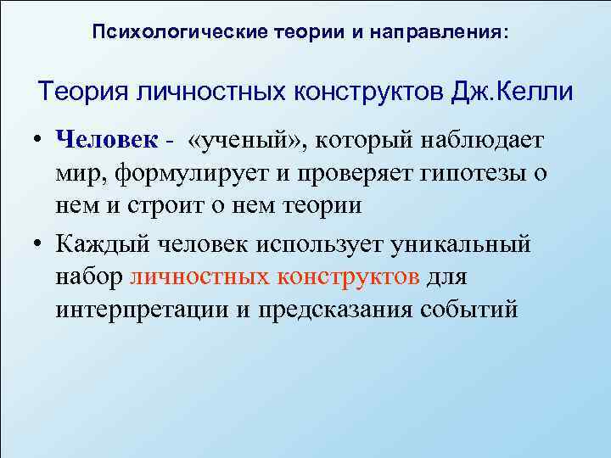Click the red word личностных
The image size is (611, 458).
click(x=196, y=276)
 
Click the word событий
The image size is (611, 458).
click(x=469, y=309)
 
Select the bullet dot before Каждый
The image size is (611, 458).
click(x=40, y=243)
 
